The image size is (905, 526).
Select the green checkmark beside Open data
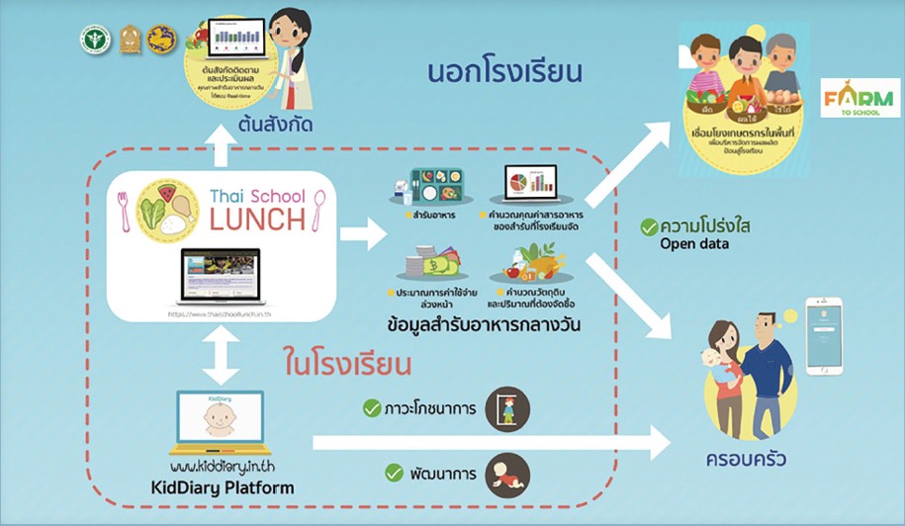tap(649, 227)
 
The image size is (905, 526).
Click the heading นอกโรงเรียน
tap(502, 73)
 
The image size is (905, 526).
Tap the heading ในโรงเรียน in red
tap(347, 364)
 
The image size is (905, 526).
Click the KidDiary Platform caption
tap(220, 488)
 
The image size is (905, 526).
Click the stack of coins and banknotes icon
tap(426, 266)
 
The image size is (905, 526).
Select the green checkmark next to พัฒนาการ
tap(372, 474)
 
